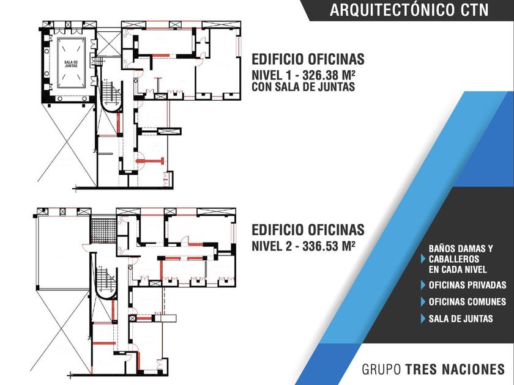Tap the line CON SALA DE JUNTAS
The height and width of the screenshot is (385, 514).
(304, 87)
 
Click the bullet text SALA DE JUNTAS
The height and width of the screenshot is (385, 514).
(461, 318)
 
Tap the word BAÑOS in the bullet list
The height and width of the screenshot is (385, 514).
(443, 249)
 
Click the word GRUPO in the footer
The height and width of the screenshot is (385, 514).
(381, 369)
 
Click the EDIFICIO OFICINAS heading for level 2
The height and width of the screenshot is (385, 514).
(308, 230)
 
